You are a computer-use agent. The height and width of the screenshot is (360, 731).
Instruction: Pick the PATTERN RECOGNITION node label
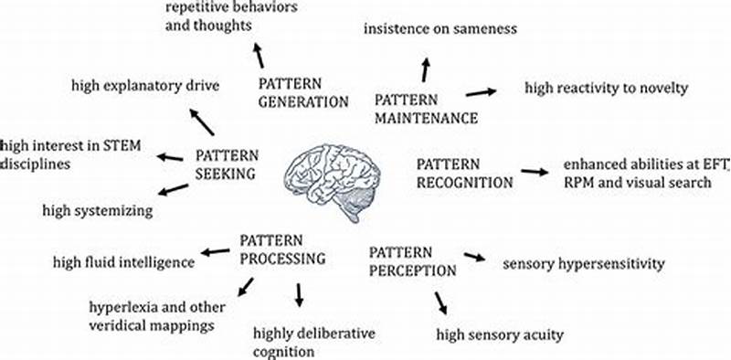464,173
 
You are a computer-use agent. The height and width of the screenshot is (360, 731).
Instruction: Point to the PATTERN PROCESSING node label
282,249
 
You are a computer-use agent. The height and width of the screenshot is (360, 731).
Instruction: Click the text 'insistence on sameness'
440,29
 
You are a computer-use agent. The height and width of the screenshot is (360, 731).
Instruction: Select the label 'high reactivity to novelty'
605,88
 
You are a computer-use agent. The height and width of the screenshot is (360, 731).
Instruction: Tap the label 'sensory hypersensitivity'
583,264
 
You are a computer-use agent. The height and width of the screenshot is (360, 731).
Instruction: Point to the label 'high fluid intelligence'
122,262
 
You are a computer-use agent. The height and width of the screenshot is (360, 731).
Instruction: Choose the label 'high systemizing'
98,211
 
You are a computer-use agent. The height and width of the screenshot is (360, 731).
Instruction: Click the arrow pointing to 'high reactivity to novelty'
481,91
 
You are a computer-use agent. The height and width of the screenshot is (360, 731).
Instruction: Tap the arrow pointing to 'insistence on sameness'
425,68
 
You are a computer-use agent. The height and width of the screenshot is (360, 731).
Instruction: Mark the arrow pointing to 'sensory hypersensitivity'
475,258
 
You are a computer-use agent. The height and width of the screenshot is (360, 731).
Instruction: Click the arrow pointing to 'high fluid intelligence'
216,251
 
